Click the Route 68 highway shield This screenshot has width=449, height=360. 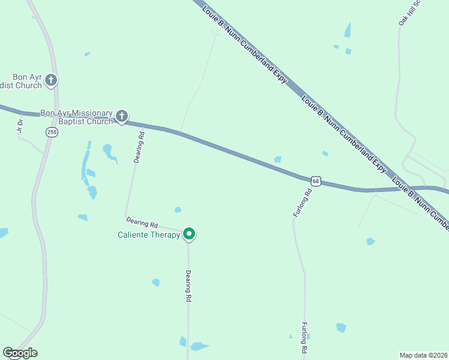tap(316, 181)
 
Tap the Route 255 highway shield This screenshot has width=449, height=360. tap(52, 132)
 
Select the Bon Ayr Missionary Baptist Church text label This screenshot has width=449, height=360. tap(76, 117)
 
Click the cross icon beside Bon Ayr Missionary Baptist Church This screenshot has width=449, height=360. tap(122, 116)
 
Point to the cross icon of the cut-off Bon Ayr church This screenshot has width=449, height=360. tap(52, 80)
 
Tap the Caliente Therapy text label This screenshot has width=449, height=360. tap(148, 235)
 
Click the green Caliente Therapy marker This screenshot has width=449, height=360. tap(189, 234)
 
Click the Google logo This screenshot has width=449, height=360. tap(20, 353)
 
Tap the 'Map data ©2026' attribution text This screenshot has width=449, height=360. tap(423, 355)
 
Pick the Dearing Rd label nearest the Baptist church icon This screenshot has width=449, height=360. tap(139, 148)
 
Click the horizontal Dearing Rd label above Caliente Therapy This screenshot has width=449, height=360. tap(142, 223)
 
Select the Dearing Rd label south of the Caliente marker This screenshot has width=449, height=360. tap(188, 286)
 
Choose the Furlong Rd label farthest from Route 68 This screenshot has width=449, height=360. tap(304, 337)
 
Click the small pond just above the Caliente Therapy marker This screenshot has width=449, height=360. tap(178, 209)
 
